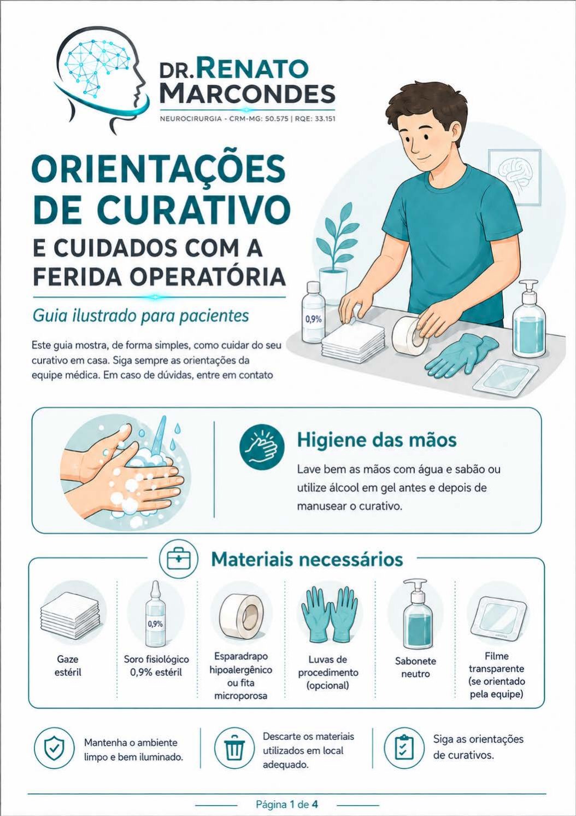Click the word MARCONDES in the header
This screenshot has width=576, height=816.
tap(247, 94)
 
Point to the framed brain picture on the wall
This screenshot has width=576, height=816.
tap(514, 176)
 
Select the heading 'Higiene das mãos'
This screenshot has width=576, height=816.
tap(377, 440)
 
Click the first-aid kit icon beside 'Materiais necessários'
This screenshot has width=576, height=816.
tap(179, 559)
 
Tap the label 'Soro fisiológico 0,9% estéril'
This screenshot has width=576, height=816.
tap(156, 666)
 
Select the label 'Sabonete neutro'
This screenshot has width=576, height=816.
tap(415, 667)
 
